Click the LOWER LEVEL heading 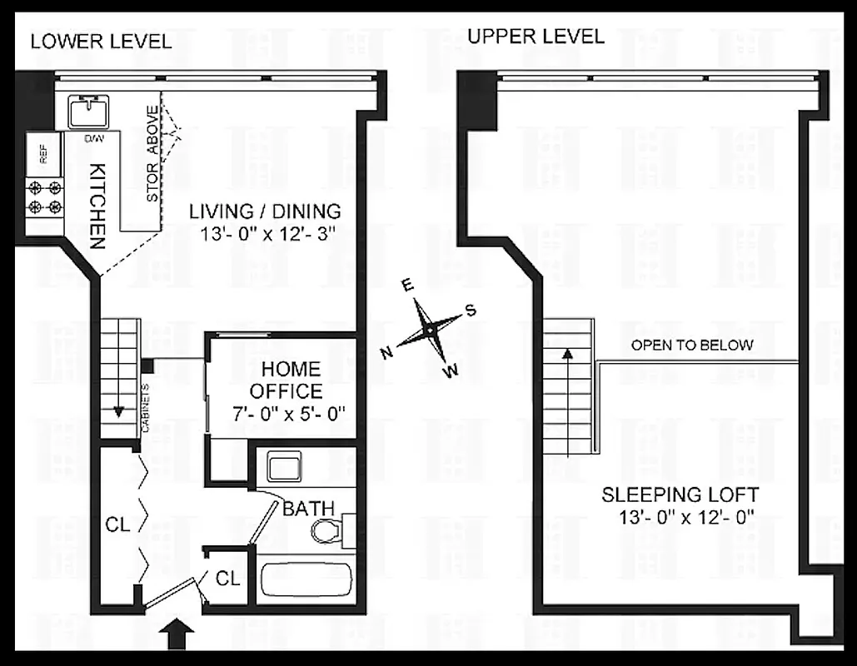[x=101, y=41]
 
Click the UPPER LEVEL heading [x=536, y=37]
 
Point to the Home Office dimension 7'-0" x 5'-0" [x=290, y=412]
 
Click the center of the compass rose [x=429, y=331]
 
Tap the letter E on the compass [x=407, y=286]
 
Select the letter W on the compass [x=451, y=372]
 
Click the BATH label [x=308, y=507]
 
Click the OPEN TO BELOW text [x=691, y=345]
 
